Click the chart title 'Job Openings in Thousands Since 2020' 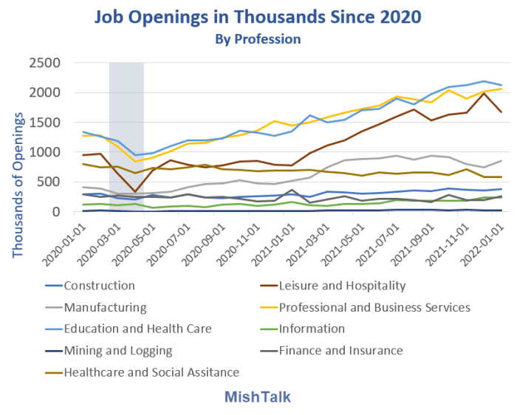point(258,16)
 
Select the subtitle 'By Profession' point(258,37)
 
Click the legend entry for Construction point(100,286)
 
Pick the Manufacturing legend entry point(105,307)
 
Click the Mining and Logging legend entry point(118,350)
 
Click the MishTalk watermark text point(258,397)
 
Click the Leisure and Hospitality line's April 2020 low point point(134,192)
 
